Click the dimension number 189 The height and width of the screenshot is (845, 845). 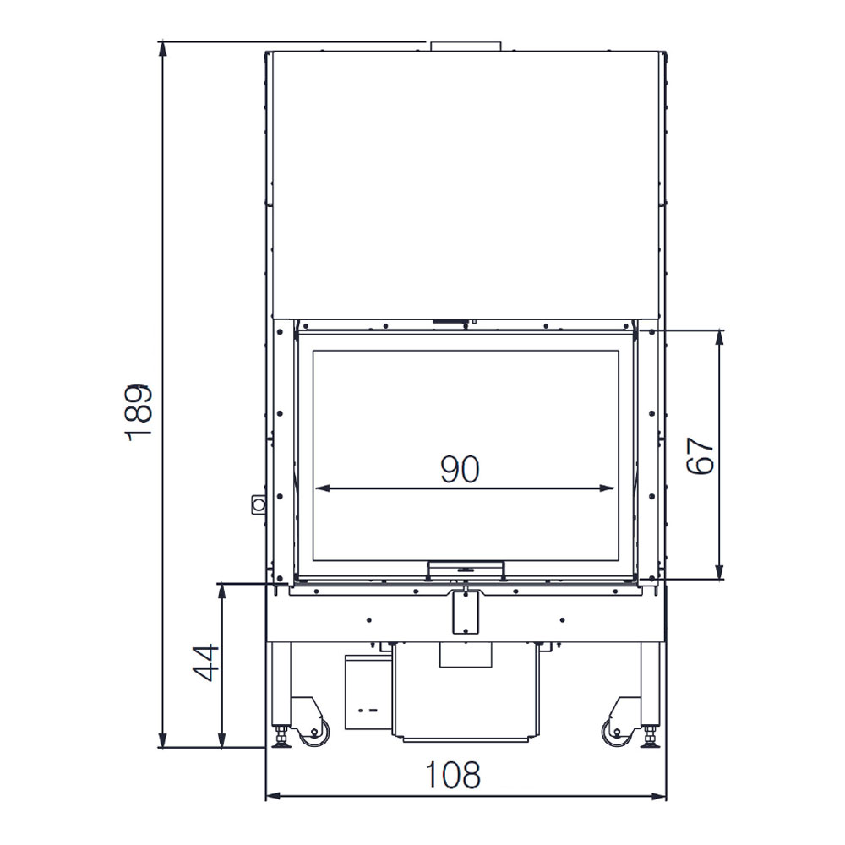139,413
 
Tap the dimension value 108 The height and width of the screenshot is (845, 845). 453,775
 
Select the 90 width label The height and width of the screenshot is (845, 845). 460,469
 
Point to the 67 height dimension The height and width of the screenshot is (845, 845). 700,455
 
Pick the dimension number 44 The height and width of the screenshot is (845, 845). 206,662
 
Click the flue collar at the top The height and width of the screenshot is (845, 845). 465,46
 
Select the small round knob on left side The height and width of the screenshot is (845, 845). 258,504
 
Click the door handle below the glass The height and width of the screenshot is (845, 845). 466,568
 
